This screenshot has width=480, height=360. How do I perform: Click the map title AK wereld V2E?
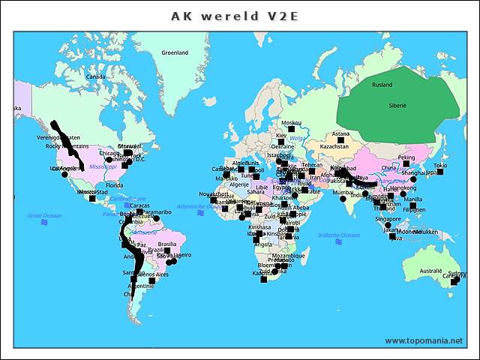pyautogui.click(x=234, y=16)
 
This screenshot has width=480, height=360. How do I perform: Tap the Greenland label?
pyautogui.click(x=175, y=52)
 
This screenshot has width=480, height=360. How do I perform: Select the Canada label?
pyautogui.click(x=95, y=76)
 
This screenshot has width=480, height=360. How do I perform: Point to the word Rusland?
pyautogui.click(x=382, y=85)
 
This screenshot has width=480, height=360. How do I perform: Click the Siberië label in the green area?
pyautogui.click(x=397, y=106)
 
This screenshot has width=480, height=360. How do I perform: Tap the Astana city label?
pyautogui.click(x=340, y=134)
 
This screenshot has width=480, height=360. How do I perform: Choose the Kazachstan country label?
pyautogui.click(x=334, y=146)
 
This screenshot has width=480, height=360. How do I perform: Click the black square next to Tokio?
pyautogui.click(x=440, y=172)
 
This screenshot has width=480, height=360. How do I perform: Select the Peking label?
pyautogui.click(x=406, y=157)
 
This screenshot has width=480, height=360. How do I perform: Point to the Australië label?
pyautogui.click(x=430, y=271)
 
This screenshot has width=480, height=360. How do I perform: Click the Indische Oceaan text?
pyautogui.click(x=339, y=235)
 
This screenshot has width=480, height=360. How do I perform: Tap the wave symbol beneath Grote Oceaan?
pyautogui.click(x=45, y=223)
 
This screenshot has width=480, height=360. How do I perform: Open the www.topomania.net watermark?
pyautogui.click(x=424, y=340)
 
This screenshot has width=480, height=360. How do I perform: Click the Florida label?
pyautogui.click(x=114, y=184)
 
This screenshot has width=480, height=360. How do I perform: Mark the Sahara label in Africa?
pyautogui.click(x=256, y=192)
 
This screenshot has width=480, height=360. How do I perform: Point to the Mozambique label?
pyautogui.click(x=289, y=256)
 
